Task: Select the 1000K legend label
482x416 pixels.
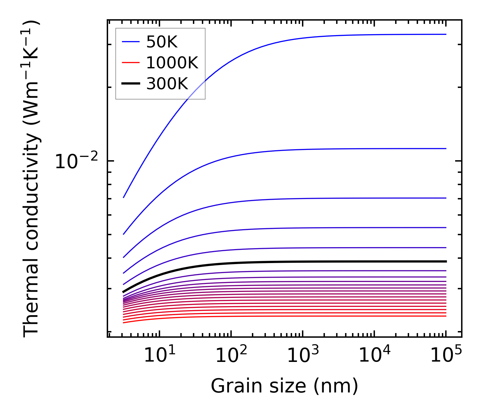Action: tap(172, 63)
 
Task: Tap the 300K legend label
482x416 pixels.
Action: tap(167, 84)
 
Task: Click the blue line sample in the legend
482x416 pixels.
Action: tap(131, 42)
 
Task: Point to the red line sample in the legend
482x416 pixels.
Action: tap(131, 63)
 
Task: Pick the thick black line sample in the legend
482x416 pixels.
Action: tap(131, 84)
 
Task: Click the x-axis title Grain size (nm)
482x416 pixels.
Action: tap(284, 386)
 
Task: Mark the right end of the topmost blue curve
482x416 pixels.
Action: tap(446, 34)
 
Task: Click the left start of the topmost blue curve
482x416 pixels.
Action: tap(123, 197)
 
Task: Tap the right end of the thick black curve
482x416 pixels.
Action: tap(446, 261)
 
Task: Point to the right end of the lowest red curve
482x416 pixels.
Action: tap(446, 316)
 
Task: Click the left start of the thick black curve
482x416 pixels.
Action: tap(123, 292)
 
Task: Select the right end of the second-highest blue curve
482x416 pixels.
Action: tap(446, 149)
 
